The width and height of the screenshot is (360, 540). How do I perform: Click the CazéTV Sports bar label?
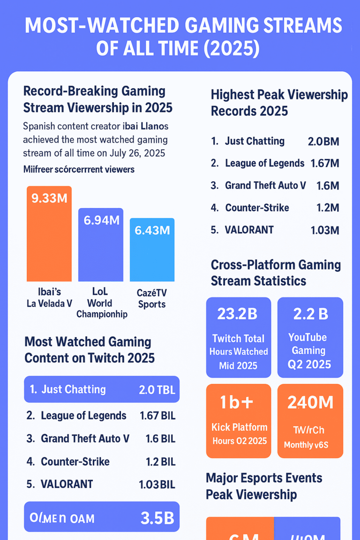pos(152,299)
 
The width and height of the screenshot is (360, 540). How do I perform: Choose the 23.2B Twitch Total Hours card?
pos(239,337)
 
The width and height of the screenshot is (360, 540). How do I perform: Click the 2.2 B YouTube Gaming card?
pos(310,337)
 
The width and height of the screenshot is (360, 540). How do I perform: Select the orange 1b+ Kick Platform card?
pos(239,420)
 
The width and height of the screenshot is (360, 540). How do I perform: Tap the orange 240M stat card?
pos(310,420)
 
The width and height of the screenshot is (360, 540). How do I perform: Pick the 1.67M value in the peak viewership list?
pos(324,164)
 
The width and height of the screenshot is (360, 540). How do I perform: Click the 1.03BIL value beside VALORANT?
pos(157,484)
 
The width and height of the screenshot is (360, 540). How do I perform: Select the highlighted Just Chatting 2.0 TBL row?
pos(102,390)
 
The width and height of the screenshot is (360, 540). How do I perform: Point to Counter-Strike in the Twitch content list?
pos(75,461)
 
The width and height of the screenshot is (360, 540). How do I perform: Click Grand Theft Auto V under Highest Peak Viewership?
pos(265,185)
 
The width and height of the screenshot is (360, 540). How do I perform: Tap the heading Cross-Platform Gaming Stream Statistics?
pos(276,273)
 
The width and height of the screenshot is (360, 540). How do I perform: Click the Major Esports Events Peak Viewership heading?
pos(264,486)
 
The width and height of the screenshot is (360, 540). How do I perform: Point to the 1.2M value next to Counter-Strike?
pos(327,208)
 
